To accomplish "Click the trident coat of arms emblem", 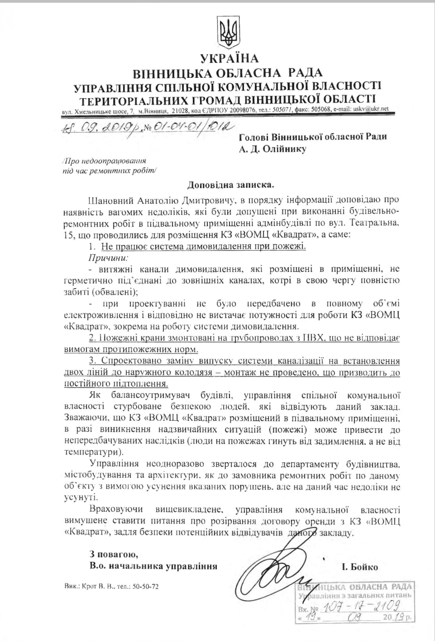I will click(x=229, y=33).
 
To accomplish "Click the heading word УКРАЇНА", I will click(x=229, y=58).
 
